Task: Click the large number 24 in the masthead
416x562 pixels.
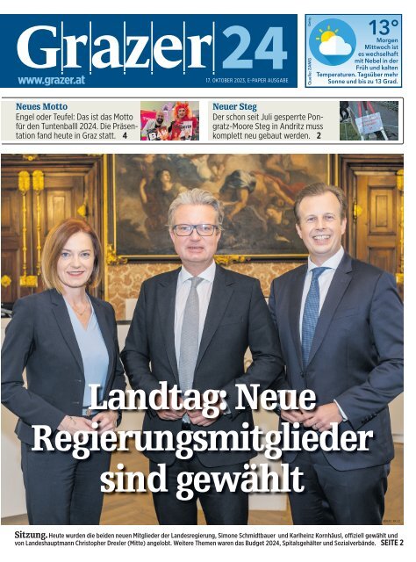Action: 253,47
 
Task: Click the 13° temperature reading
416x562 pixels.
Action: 383,27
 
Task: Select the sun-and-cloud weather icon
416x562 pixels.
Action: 333,42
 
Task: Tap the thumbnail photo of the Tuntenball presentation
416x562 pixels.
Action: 169,121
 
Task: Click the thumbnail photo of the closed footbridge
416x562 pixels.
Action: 368,121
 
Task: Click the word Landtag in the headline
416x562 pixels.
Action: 137,398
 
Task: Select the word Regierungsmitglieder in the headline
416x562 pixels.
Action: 202,437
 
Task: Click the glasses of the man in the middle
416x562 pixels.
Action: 196,229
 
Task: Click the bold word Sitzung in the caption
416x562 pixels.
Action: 31,535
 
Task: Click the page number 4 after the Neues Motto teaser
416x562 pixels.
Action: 126,135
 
